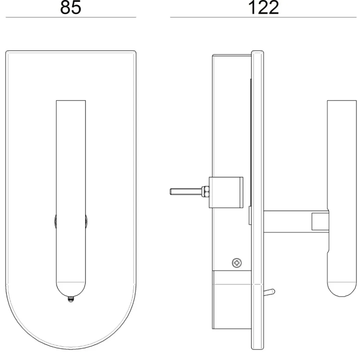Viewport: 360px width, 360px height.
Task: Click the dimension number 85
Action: (71, 8)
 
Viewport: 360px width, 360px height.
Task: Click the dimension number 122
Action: (264, 8)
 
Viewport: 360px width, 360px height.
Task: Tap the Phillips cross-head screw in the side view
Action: (237, 263)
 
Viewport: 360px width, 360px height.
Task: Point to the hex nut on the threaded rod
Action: (205, 192)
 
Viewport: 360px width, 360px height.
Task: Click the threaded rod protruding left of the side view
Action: (186, 192)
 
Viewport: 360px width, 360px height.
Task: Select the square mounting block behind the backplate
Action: (226, 192)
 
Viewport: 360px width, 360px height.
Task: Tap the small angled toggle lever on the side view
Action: (269, 292)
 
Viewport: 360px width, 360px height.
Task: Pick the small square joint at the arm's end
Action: (319, 221)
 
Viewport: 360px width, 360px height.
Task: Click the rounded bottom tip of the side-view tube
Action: (342, 289)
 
